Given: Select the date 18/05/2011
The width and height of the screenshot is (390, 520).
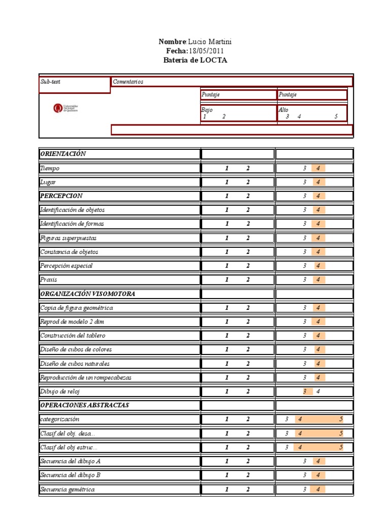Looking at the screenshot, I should pos(206,51).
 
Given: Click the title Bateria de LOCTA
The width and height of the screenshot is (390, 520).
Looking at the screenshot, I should pos(196,60).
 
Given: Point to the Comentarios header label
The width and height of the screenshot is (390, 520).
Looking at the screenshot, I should pos(128,81).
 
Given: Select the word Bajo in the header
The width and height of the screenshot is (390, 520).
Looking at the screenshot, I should pos(207,110).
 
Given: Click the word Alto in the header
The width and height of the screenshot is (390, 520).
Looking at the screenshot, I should pos(283,110).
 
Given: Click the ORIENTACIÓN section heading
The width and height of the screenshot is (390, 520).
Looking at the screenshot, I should pos(63,154).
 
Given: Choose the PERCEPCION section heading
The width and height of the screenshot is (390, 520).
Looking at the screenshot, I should pos(61,196).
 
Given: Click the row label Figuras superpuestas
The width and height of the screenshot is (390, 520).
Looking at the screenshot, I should pos(68,238).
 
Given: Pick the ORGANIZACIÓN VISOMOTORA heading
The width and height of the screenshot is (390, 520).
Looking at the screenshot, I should pos(87,294).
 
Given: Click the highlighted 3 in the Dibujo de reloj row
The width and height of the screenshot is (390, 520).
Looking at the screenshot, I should pos(305,391).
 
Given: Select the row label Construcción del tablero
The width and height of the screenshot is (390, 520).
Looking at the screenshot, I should pos(73,335).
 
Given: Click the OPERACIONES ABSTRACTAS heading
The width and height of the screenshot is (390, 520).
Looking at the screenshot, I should pos(84,405).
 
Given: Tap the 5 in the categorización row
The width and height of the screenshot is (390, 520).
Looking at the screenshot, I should pos(341,419).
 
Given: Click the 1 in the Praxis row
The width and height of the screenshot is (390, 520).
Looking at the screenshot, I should pos(227,279).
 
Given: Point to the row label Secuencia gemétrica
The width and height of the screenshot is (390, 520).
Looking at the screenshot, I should pos(67,489).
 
